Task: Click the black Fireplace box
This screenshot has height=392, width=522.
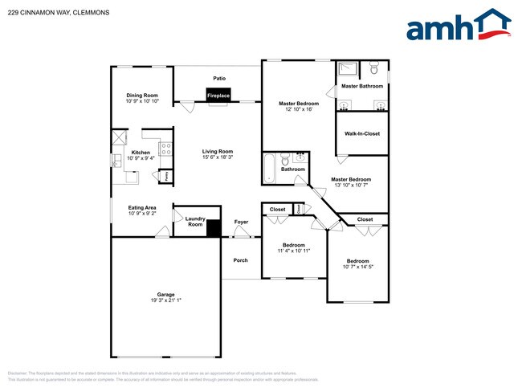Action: point(218,96)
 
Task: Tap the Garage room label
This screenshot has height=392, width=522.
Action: point(166,294)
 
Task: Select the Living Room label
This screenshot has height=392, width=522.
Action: point(218,152)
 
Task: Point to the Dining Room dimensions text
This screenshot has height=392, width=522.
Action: point(142,101)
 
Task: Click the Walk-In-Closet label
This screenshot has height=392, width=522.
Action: point(361,133)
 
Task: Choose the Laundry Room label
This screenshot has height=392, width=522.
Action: point(195,221)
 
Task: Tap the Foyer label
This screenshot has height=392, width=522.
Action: point(241,222)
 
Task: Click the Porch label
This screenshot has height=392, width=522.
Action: point(241,260)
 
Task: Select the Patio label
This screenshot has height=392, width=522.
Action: point(218,79)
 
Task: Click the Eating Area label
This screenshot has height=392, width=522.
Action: point(142,208)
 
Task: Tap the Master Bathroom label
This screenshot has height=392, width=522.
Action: point(361,86)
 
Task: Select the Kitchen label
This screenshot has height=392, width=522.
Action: point(141,153)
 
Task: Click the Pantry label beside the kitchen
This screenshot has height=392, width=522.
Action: point(166,176)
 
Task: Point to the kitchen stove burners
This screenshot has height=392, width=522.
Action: point(165,148)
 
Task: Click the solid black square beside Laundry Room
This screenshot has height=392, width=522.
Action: point(214,228)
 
